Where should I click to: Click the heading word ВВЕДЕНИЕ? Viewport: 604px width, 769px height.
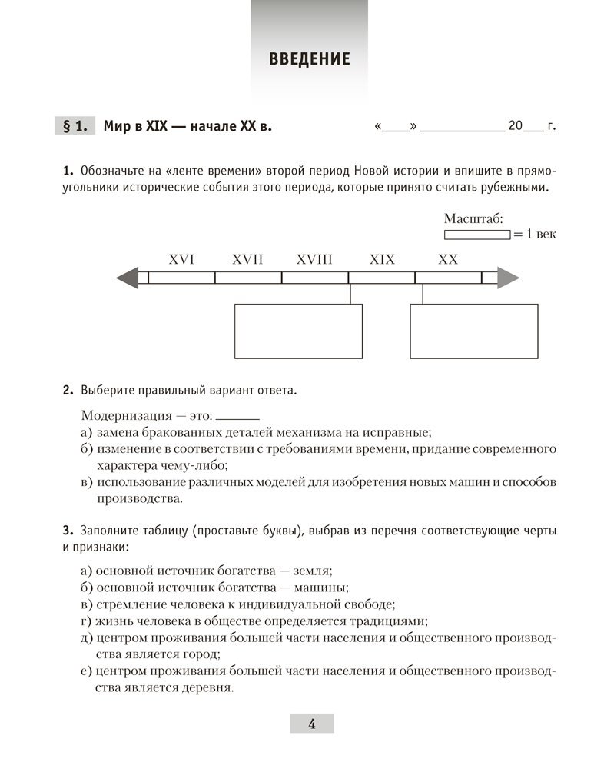point(310,59)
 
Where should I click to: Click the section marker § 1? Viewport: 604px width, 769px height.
point(75,126)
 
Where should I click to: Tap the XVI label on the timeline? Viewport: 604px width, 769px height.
point(181,260)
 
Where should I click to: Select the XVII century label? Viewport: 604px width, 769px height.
point(247,260)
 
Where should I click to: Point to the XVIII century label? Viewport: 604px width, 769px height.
point(314,260)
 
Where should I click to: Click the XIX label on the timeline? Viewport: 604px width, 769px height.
point(382,260)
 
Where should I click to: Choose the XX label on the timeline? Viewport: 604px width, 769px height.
point(448,260)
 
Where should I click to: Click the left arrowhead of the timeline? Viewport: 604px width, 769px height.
point(128,278)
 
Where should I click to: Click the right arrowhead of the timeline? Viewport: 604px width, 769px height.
point(508,278)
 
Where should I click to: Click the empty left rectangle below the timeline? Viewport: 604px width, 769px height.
point(298,331)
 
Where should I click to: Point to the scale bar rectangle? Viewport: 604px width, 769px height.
point(476,234)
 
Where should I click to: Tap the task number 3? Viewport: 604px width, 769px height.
point(67,531)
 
